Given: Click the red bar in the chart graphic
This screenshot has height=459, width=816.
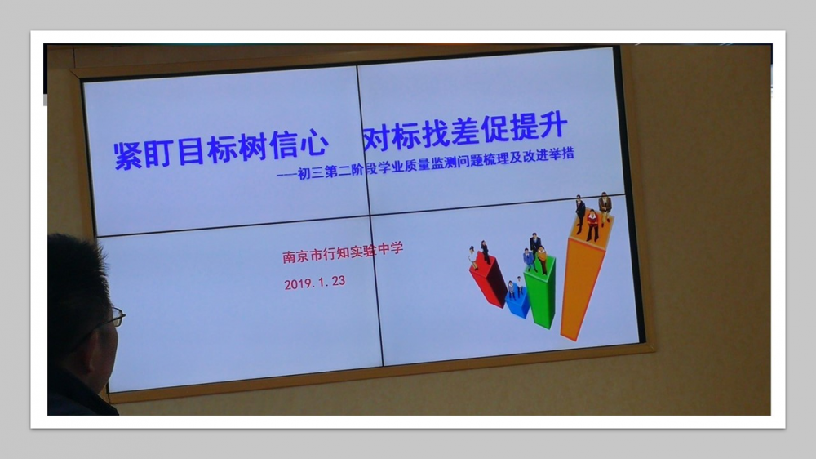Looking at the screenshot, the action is coord(488,281).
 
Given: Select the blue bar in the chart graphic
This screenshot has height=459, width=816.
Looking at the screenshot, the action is coord(518,303).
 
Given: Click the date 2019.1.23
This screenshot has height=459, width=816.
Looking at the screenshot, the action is coord(314,283).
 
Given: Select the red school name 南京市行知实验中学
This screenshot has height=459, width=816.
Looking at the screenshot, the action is coord(343,252).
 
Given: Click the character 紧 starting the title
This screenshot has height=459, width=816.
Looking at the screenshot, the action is coord(128,154).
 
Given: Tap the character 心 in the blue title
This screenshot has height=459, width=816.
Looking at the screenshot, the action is coord(313,143).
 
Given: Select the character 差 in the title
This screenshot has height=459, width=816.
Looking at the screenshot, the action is coord(465,131).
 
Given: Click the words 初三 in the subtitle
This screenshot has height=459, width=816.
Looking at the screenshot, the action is coord(311,173).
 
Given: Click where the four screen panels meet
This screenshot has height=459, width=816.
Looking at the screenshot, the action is coord(370,215).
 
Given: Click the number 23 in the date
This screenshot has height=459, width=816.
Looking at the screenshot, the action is coord(339,281).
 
